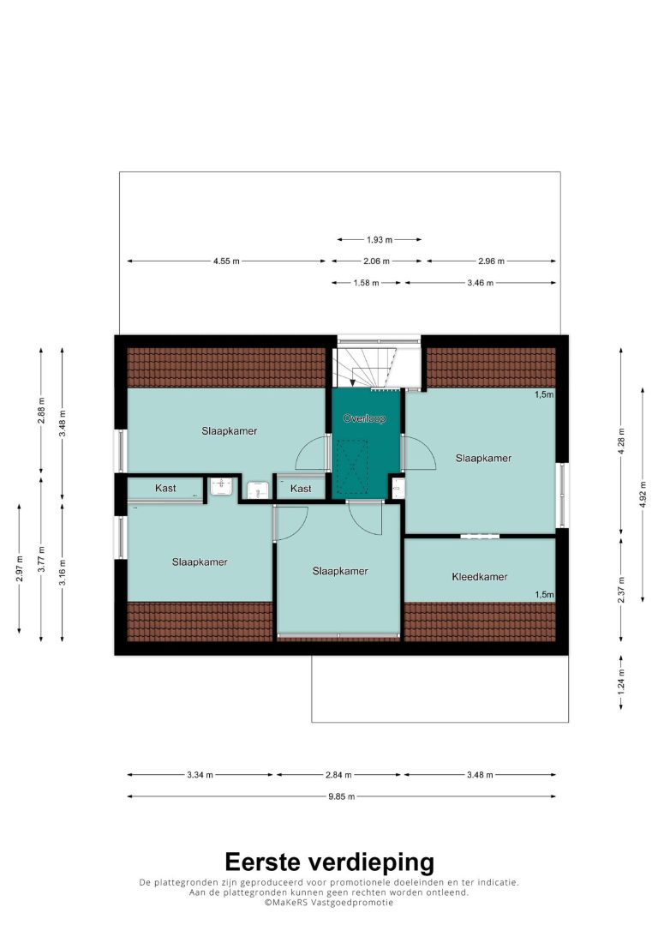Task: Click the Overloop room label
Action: pos(364,418)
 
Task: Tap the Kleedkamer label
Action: pos(480,577)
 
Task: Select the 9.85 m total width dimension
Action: pos(342,796)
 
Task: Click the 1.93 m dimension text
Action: pos(380,240)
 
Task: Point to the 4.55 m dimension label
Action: pos(227,261)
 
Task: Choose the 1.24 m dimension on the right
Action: pos(621,682)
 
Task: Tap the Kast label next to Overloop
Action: pos(301,489)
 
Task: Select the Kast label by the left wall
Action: pos(165,488)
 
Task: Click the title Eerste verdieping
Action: pos(329,862)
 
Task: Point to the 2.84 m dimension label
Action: pos(338,775)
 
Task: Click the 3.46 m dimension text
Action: pos(480,283)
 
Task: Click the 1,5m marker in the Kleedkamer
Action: pos(544,594)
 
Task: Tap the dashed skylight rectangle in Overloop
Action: pos(352,466)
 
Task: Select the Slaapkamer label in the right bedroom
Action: pos(483,458)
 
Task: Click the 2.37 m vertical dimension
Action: pos(621,590)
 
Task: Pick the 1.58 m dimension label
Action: pos(366,283)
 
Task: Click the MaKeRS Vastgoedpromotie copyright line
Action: pos(329,903)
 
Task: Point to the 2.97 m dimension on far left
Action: pos(20,568)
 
